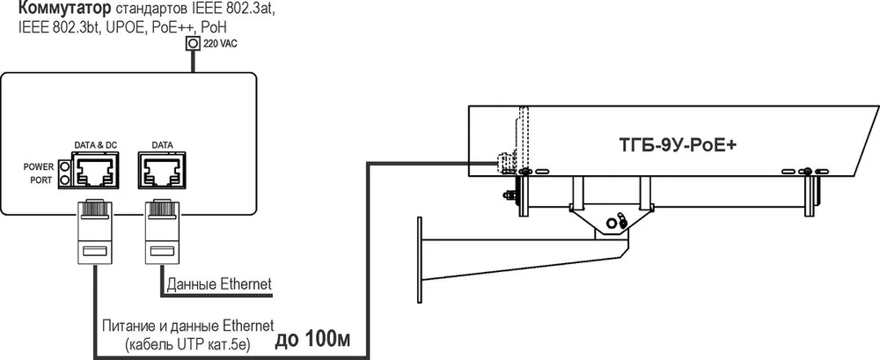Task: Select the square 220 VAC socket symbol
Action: point(193,43)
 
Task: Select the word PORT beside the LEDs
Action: point(42,180)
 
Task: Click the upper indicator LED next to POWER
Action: point(64,166)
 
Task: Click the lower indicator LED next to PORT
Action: point(64,180)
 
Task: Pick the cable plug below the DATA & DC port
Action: point(95,231)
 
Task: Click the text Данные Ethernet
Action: point(219,283)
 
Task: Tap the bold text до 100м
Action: point(314,341)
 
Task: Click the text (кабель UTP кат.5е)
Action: point(188,342)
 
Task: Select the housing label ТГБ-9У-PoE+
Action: point(678,145)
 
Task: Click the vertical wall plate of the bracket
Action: point(420,260)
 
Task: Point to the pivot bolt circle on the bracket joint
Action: point(610,222)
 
